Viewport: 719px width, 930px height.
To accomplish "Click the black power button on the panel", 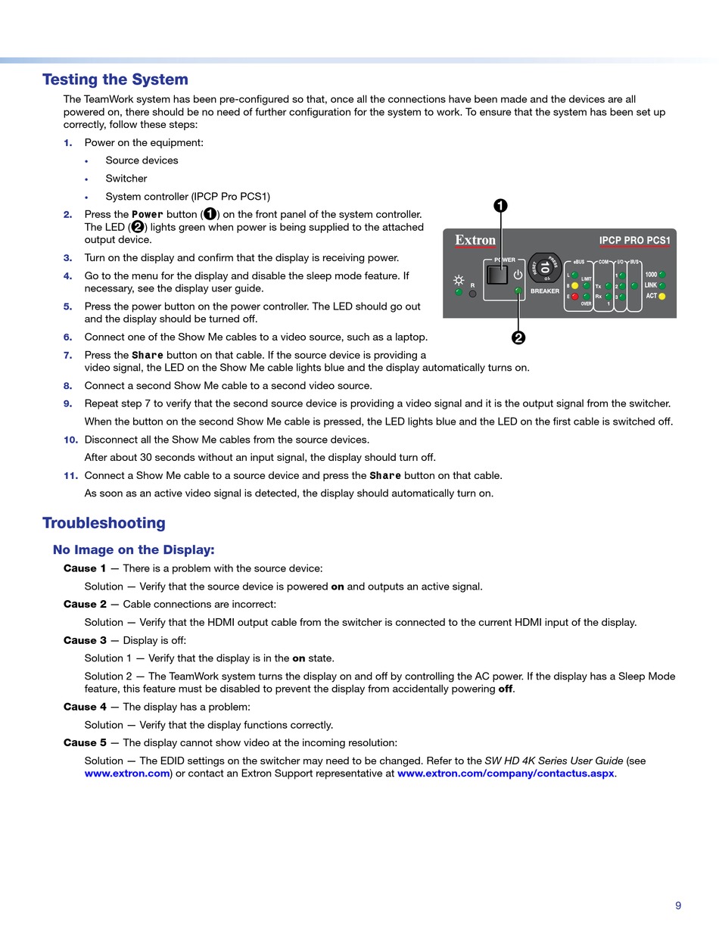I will click(x=496, y=275).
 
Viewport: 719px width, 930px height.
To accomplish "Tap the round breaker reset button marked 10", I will click(x=545, y=267).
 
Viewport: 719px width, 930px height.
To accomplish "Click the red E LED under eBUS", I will click(x=575, y=297).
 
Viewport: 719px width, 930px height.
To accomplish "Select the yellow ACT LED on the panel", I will click(x=661, y=296).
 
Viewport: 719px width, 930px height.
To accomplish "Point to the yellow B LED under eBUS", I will click(x=575, y=286).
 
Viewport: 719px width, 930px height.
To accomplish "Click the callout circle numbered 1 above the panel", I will click(x=500, y=206).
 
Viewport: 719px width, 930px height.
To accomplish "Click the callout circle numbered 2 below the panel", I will click(x=518, y=338).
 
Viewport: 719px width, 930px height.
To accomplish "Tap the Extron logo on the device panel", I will click(x=475, y=241).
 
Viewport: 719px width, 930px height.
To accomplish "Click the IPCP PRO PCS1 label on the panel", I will click(x=634, y=241).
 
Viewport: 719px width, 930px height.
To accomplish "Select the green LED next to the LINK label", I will click(x=661, y=285).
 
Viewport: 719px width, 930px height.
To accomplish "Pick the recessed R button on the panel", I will click(x=473, y=294).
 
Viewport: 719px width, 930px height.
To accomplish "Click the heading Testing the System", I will click(x=115, y=79).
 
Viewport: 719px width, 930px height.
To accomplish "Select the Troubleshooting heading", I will click(x=104, y=523).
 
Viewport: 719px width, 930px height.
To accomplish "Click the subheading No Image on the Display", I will click(x=133, y=550).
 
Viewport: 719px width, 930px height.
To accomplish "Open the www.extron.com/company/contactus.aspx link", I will click(x=506, y=773).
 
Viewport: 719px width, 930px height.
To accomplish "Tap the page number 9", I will click(x=678, y=905).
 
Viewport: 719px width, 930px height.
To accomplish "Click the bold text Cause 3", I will click(x=85, y=640).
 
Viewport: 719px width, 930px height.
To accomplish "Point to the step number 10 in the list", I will click(x=70, y=440).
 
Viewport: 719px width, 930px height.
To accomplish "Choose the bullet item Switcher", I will click(x=126, y=179).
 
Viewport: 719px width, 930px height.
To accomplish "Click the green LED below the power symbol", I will click(x=518, y=291).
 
